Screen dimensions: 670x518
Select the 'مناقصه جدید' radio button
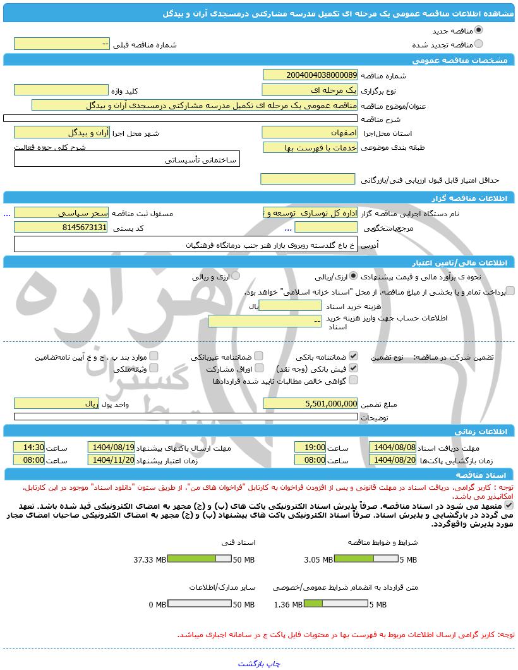pos(479,30)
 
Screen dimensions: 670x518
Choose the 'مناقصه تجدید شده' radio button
pos(479,44)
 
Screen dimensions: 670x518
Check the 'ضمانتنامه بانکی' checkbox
pos(354,356)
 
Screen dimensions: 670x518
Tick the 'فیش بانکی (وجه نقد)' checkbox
pos(354,368)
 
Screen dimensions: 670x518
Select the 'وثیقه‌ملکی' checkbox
pos(154,368)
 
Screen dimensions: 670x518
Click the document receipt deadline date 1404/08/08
pos(393,447)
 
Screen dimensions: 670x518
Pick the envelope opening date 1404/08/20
pos(393,460)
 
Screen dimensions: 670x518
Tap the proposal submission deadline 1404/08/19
pos(112,447)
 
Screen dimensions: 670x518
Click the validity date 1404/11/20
pos(112,460)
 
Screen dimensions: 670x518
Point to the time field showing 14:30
pos(29,447)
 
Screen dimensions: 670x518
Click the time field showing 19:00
pos(310,447)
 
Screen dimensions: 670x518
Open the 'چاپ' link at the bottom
pos(272,664)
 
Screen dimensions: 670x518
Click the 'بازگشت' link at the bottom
pos(250,664)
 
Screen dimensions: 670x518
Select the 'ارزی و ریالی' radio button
pos(236,276)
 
